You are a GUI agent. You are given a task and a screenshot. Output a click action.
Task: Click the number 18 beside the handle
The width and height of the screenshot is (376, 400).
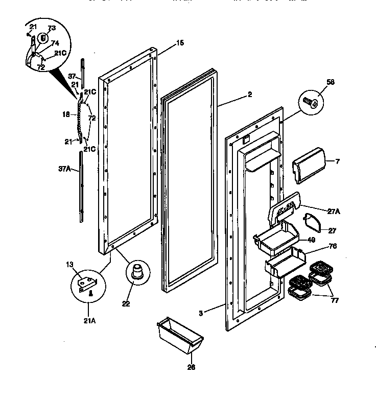pos(66,115)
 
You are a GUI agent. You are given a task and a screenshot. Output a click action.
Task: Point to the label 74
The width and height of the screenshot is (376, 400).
pos(55,44)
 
